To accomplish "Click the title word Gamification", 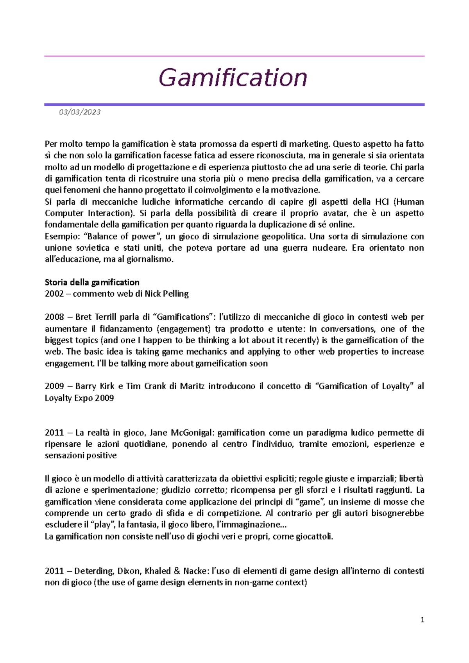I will pos(233,78).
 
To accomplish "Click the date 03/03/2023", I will pos(80,112).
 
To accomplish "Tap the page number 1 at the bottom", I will pos(422,620).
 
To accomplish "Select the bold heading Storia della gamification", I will pos(92,282).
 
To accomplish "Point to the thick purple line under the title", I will pos(234,105).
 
